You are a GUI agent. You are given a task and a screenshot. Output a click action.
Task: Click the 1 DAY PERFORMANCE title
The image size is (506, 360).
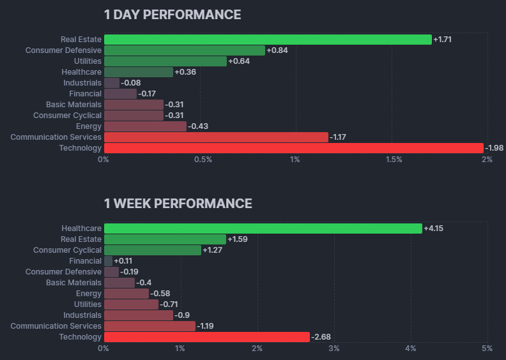(x=172, y=14)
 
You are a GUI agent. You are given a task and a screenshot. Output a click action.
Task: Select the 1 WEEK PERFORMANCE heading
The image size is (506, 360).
(x=178, y=204)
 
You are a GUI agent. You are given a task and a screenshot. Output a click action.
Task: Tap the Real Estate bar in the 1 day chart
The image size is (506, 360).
(x=267, y=40)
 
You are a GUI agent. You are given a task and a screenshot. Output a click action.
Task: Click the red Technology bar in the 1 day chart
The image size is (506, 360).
(x=293, y=148)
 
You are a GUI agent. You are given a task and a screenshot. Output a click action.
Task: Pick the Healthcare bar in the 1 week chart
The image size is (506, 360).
(x=263, y=229)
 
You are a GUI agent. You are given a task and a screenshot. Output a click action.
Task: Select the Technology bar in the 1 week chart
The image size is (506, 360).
(x=206, y=337)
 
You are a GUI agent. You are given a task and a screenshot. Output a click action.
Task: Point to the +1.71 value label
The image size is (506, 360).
(x=443, y=40)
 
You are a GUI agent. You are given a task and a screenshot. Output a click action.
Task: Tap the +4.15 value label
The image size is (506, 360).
(x=434, y=229)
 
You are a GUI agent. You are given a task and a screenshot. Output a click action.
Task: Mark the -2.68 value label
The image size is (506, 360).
(x=321, y=337)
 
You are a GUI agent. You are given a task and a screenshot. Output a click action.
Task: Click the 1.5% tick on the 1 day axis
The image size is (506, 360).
(x=394, y=160)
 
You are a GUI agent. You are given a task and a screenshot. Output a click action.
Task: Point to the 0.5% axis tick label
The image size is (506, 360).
(x=203, y=160)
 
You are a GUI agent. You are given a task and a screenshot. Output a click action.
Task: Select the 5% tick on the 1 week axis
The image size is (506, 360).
(x=487, y=349)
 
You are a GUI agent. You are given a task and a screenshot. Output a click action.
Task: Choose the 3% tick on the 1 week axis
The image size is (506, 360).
(x=333, y=349)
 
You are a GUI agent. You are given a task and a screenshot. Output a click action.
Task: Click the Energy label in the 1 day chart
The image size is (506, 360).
(x=88, y=126)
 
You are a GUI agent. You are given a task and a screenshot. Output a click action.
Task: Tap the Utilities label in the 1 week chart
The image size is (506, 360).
(x=88, y=304)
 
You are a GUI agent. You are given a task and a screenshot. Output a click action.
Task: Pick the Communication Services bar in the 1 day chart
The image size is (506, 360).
(x=216, y=137)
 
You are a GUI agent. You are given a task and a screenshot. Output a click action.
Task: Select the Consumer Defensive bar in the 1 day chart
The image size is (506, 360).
(x=184, y=50)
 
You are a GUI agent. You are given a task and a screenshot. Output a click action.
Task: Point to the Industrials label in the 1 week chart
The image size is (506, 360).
(x=82, y=315)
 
